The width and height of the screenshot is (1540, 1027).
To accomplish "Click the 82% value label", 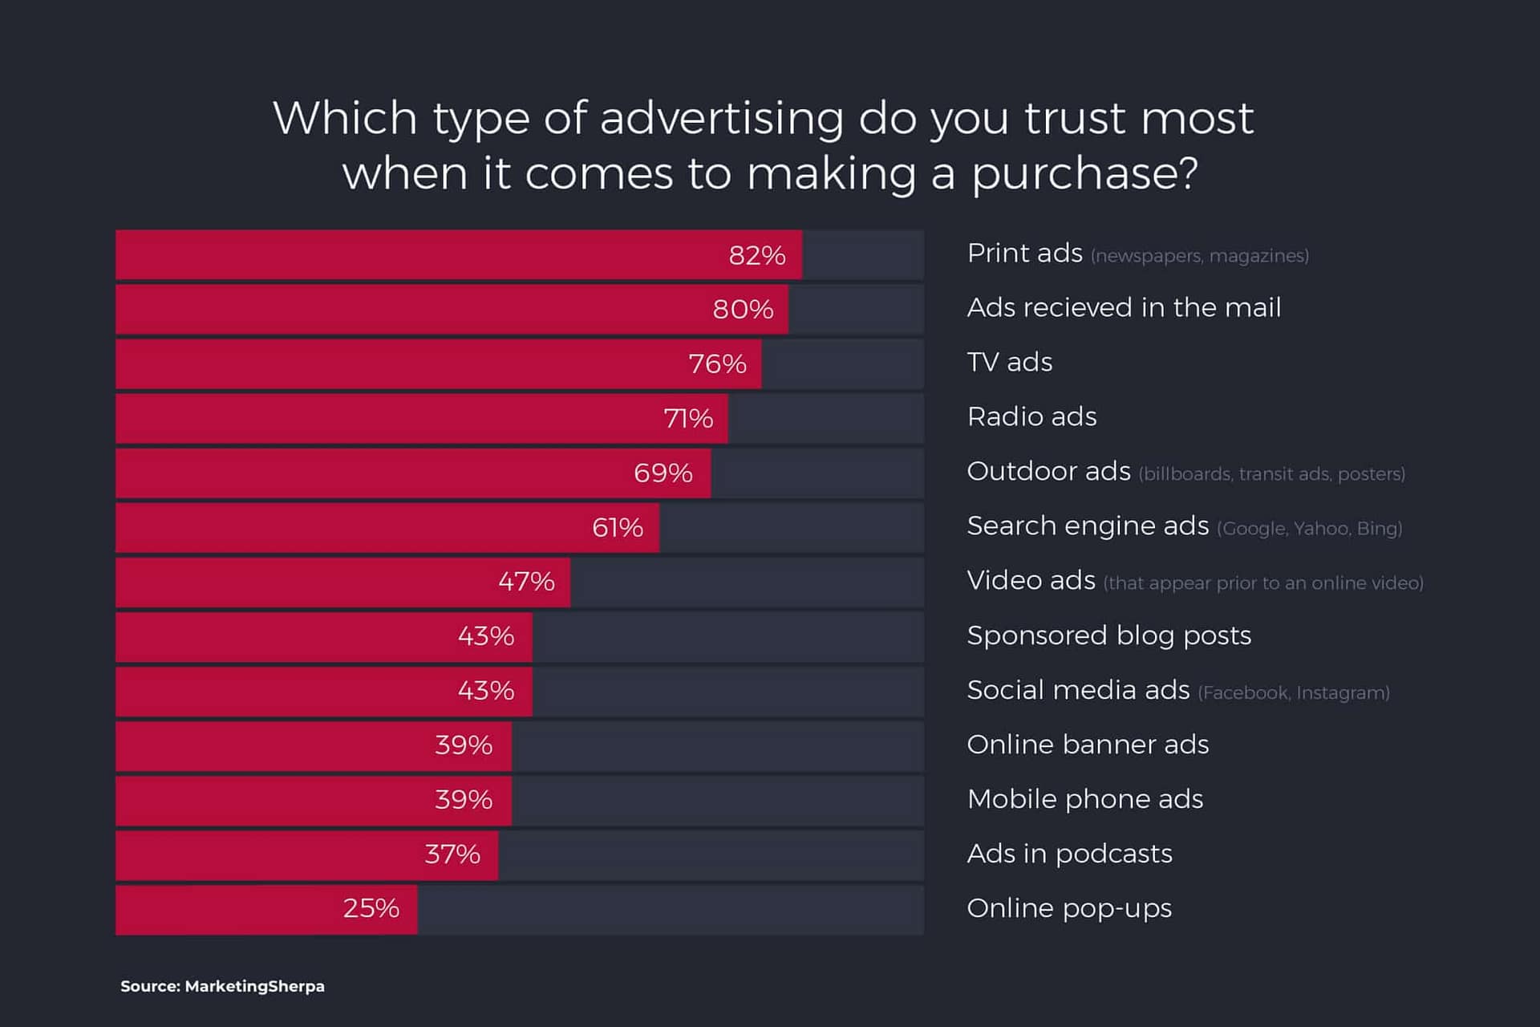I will coord(756,255).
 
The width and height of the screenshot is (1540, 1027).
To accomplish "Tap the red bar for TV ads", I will coord(401,364).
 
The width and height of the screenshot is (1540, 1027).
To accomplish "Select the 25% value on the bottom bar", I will coord(371,908).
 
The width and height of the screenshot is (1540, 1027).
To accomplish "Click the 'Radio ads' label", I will coord(1031,417).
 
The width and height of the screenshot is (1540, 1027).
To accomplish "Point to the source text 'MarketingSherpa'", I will coord(254,986).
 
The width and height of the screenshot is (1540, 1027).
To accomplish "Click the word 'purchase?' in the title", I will coord(1085,173).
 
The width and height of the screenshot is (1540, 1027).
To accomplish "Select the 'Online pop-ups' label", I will coord(1069,908).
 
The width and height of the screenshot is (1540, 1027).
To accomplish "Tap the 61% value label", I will coord(617,528).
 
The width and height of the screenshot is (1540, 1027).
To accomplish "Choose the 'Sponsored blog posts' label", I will coord(1108,635).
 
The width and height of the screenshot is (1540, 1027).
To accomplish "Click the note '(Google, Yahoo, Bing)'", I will coord(1309,529).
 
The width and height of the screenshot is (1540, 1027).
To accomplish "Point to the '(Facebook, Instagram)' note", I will coord(1293,692).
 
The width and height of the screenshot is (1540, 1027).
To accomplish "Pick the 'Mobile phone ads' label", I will coord(1084,799).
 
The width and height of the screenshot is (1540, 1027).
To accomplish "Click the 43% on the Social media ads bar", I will coord(485,691).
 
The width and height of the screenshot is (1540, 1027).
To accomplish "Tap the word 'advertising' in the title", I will coord(722,119).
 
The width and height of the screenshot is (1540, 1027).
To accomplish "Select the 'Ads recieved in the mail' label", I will coord(1124,308).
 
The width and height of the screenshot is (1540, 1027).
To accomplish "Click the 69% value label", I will coord(663,473).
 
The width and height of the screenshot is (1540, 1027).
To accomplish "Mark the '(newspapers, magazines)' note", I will coord(1199,256).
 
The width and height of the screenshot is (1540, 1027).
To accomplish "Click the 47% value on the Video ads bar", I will coord(526,582).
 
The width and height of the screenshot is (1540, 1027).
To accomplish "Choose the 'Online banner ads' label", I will coord(1088,745).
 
